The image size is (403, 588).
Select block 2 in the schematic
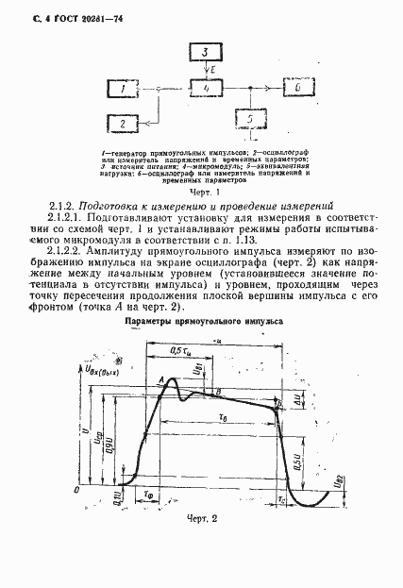click(x=124, y=124)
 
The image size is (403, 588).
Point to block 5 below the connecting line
click(x=248, y=122)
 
